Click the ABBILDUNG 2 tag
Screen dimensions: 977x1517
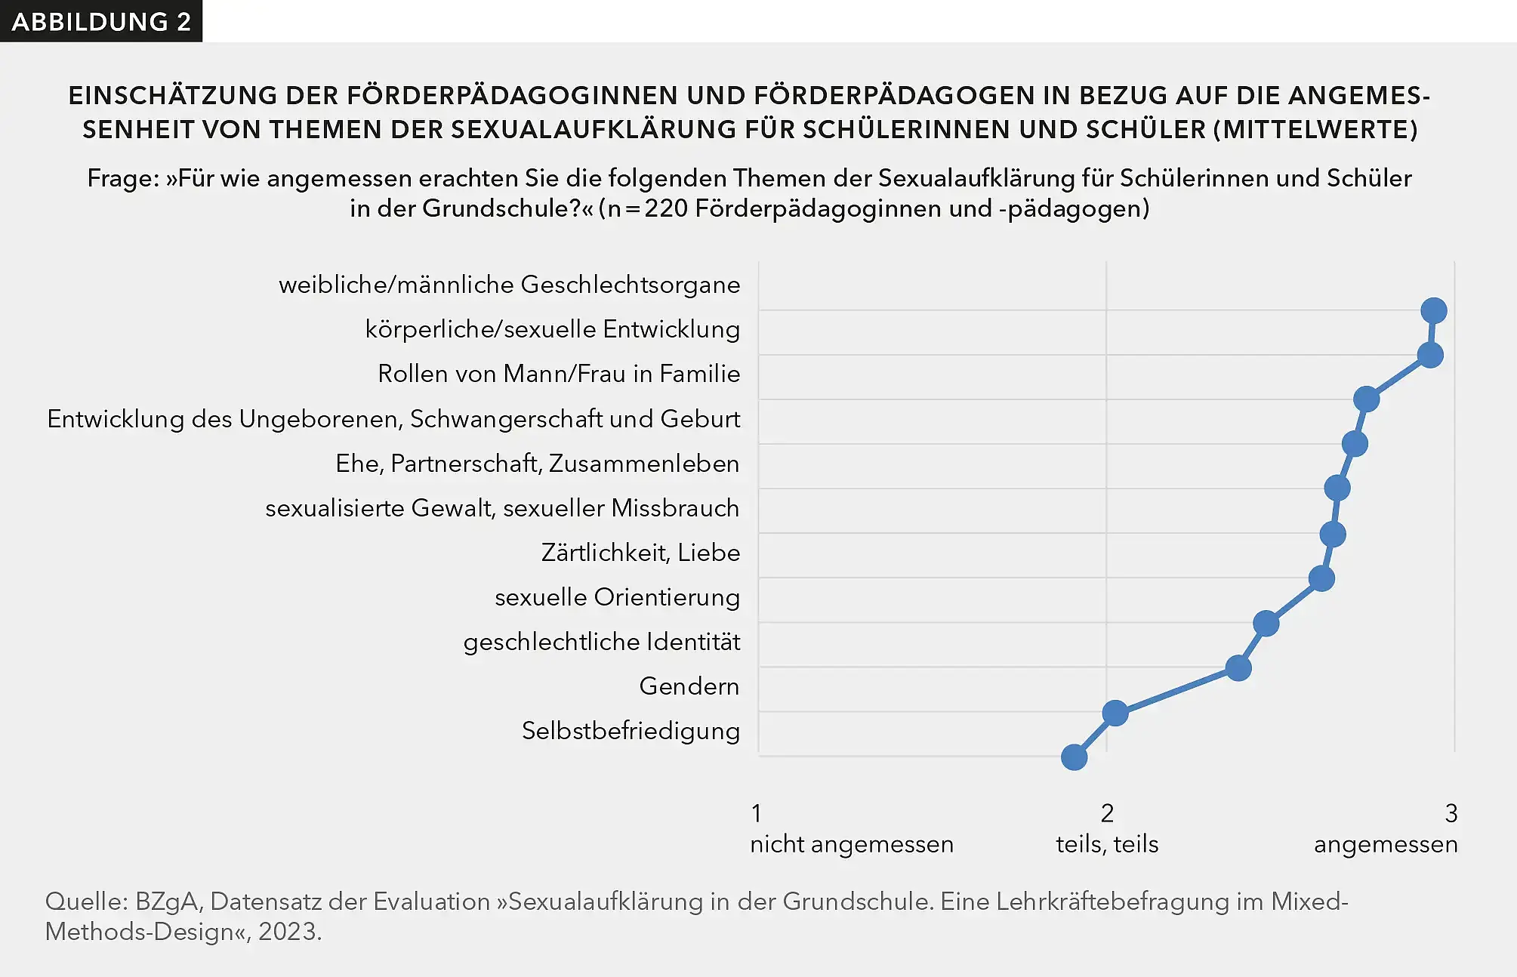tap(101, 21)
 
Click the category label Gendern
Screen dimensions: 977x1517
tap(689, 686)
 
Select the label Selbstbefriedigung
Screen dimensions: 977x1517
tap(631, 731)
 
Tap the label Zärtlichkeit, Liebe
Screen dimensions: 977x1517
tap(640, 553)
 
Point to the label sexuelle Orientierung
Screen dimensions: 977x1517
tap(617, 597)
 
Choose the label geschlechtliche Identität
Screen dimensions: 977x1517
tap(602, 642)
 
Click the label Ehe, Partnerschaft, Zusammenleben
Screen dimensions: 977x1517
tap(537, 464)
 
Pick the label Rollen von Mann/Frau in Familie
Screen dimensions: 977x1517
tap(559, 374)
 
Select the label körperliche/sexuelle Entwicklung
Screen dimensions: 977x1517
tap(552, 329)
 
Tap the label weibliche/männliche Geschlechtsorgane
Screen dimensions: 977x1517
tap(509, 285)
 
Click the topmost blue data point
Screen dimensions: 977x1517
tap(1433, 310)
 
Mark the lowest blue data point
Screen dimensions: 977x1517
tap(1074, 757)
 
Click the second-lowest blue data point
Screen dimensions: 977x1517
tap(1115, 712)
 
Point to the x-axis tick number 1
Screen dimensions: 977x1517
tap(757, 813)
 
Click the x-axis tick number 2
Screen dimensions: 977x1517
tap(1107, 813)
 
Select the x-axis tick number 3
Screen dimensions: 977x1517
tap(1451, 813)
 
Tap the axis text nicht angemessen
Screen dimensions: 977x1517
tap(851, 844)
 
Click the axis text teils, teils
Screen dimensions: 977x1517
tap(1107, 844)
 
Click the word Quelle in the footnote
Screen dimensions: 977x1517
tap(85, 901)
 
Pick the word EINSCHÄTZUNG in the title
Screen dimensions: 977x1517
tap(173, 96)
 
